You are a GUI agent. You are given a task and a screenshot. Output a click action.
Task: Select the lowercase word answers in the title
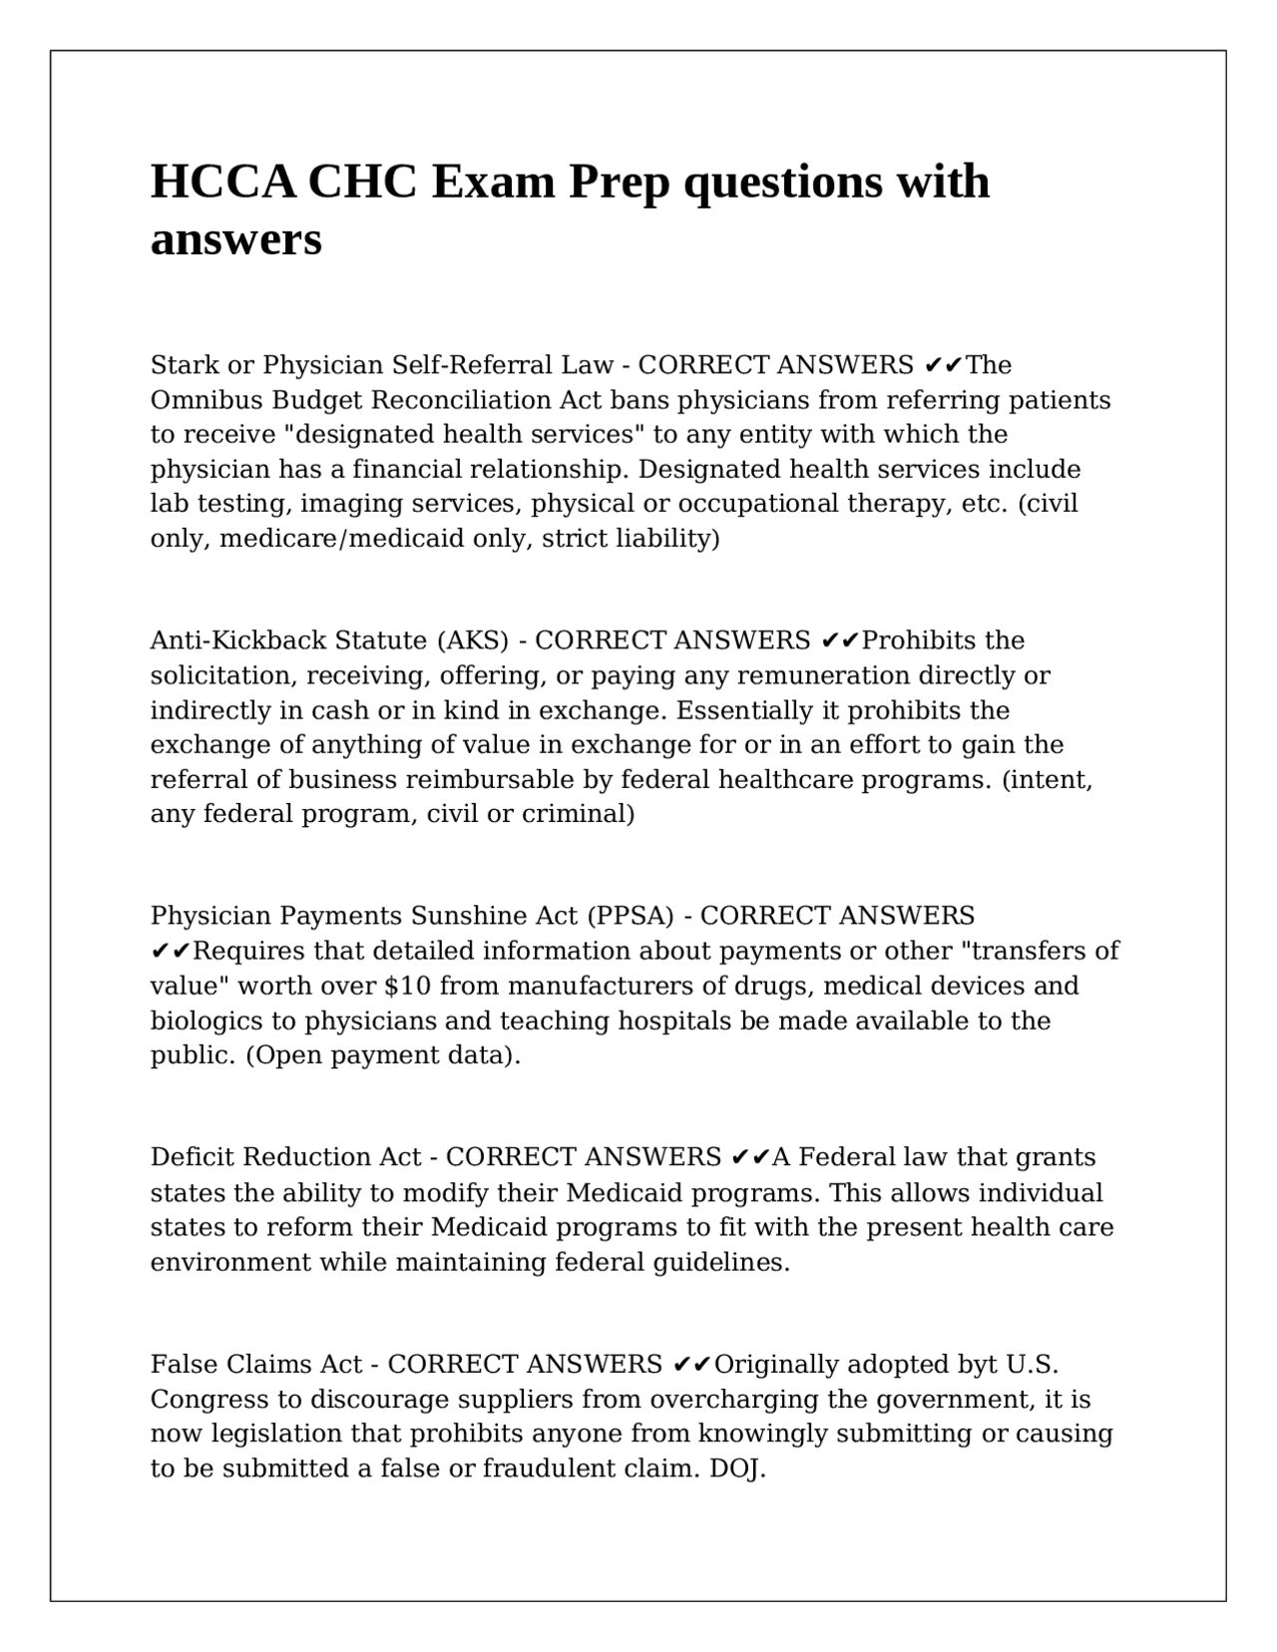tap(236, 239)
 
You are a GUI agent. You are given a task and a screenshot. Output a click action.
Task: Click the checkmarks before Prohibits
tap(840, 640)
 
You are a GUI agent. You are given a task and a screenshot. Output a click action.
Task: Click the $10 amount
tap(407, 986)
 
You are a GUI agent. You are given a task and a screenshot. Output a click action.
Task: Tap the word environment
tap(230, 1263)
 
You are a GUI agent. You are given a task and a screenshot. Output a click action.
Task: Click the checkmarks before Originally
tap(691, 1364)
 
